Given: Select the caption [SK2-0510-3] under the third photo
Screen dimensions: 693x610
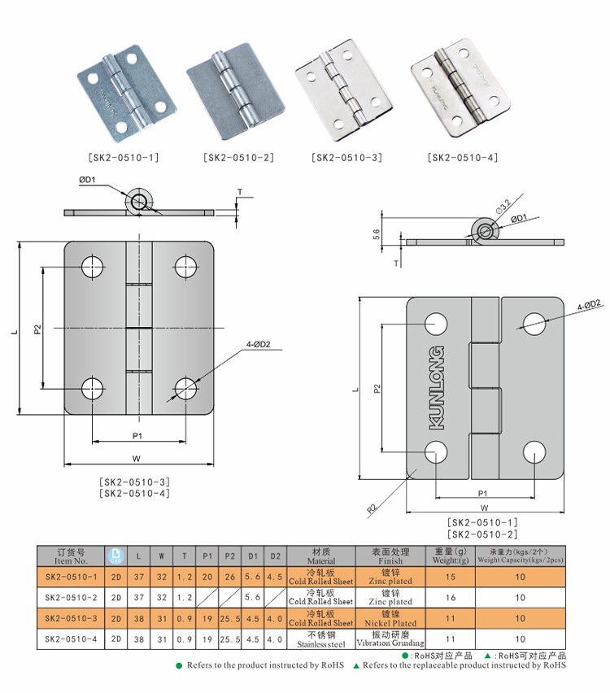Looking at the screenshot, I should [x=346, y=158].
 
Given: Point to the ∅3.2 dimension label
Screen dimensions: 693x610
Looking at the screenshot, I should [x=503, y=201].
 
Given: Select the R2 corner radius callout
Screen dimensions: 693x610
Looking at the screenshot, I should [x=372, y=508].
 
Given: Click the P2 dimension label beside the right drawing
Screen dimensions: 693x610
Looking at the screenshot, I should [x=377, y=388].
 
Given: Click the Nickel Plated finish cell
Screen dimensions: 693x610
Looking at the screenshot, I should [x=390, y=619].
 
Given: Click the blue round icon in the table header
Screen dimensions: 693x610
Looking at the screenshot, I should [x=115, y=556].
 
